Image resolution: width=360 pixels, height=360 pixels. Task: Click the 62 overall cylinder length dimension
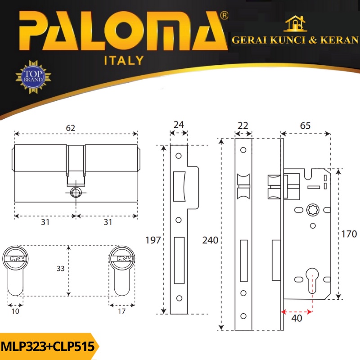[x=70, y=128]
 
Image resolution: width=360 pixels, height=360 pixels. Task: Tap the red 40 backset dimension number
[x=297, y=318]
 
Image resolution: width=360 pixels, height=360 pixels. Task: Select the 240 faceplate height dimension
[x=210, y=240]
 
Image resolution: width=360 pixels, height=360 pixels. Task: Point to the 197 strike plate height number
[x=153, y=240]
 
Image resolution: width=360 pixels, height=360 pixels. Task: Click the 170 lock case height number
[x=349, y=234]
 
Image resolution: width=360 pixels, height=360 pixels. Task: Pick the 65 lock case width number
[x=305, y=126]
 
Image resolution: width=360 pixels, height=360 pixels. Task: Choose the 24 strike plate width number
[x=179, y=125]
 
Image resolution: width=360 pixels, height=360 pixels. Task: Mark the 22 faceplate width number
[x=243, y=126]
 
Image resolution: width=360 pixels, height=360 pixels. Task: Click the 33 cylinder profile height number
[x=61, y=268]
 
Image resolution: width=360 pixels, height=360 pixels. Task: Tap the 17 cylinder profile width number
[x=121, y=311]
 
